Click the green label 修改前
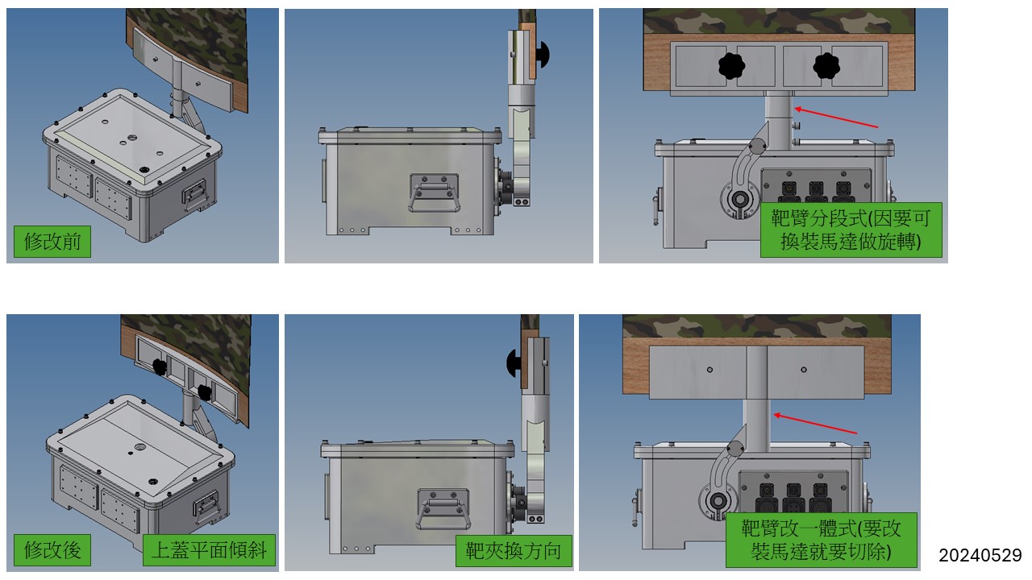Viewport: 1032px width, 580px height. point(52,241)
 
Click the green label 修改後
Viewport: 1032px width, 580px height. point(52,549)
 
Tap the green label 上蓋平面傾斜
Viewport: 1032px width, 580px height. point(209,549)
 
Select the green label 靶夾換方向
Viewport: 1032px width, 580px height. point(514,550)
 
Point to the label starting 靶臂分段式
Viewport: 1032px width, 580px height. point(851,230)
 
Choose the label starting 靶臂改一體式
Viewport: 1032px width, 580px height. point(821,540)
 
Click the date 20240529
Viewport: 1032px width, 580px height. point(980,555)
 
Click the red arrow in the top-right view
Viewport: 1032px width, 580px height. point(836,118)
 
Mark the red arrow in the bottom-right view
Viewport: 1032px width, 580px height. point(815,424)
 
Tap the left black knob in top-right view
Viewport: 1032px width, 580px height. point(731,66)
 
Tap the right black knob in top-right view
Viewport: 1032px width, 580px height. point(826,66)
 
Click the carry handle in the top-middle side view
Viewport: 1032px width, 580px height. point(434,193)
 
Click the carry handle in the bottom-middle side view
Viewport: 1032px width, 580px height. point(443,509)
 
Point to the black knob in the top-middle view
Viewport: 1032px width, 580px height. point(543,55)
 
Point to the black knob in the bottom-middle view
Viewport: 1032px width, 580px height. point(514,362)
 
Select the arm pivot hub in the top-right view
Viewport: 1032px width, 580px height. point(740,200)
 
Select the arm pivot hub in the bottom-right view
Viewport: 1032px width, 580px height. point(718,501)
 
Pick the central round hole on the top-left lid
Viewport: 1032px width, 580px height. point(132,138)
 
